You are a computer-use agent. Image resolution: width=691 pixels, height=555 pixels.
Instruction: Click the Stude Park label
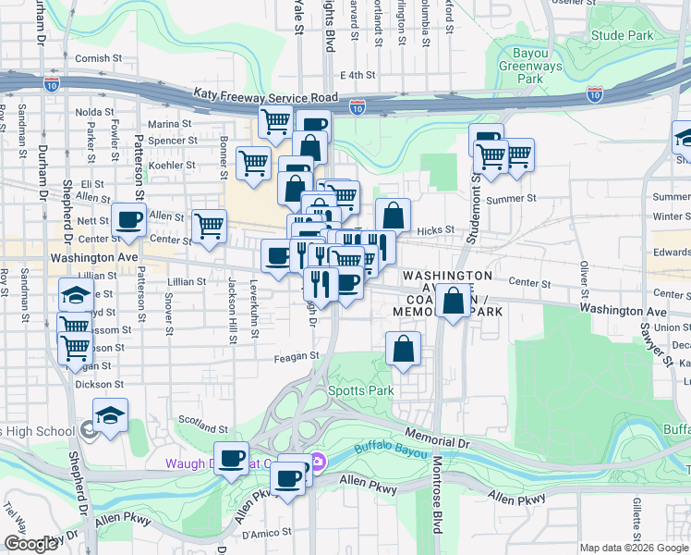coord(621,35)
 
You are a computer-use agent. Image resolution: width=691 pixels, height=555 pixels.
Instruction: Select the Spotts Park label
coord(361,390)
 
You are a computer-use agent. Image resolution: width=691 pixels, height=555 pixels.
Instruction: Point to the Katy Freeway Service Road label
coord(266,95)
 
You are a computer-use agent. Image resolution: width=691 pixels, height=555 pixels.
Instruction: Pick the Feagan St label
coord(296,355)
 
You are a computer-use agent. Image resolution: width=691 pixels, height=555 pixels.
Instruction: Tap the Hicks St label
coord(436,229)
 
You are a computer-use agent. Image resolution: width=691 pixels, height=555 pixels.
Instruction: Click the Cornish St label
coord(99,58)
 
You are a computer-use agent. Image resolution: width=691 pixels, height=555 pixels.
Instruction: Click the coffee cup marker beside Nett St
coord(128,219)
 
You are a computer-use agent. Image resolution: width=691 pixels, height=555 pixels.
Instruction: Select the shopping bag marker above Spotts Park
coord(404,349)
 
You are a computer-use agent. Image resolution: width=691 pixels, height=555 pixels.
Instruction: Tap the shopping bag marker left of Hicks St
coord(393,215)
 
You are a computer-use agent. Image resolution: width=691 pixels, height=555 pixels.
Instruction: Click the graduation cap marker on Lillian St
coord(76,294)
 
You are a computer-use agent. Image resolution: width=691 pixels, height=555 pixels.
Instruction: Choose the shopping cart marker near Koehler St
coord(253,163)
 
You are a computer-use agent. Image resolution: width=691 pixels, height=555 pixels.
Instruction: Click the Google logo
coord(30,544)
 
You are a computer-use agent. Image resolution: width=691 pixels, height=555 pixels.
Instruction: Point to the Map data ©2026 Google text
coord(634,548)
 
